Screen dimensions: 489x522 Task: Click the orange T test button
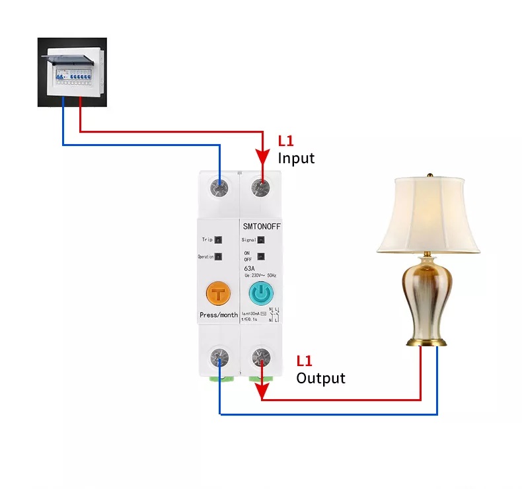point(218,293)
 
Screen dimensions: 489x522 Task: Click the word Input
point(296,159)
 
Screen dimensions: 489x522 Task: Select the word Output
point(320,378)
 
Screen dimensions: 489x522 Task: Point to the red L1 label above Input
point(286,141)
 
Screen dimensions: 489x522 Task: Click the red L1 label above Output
point(304,361)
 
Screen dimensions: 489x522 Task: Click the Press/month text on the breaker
point(218,315)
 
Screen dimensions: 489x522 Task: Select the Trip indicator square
point(219,240)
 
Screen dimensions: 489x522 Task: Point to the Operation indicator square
point(219,256)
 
